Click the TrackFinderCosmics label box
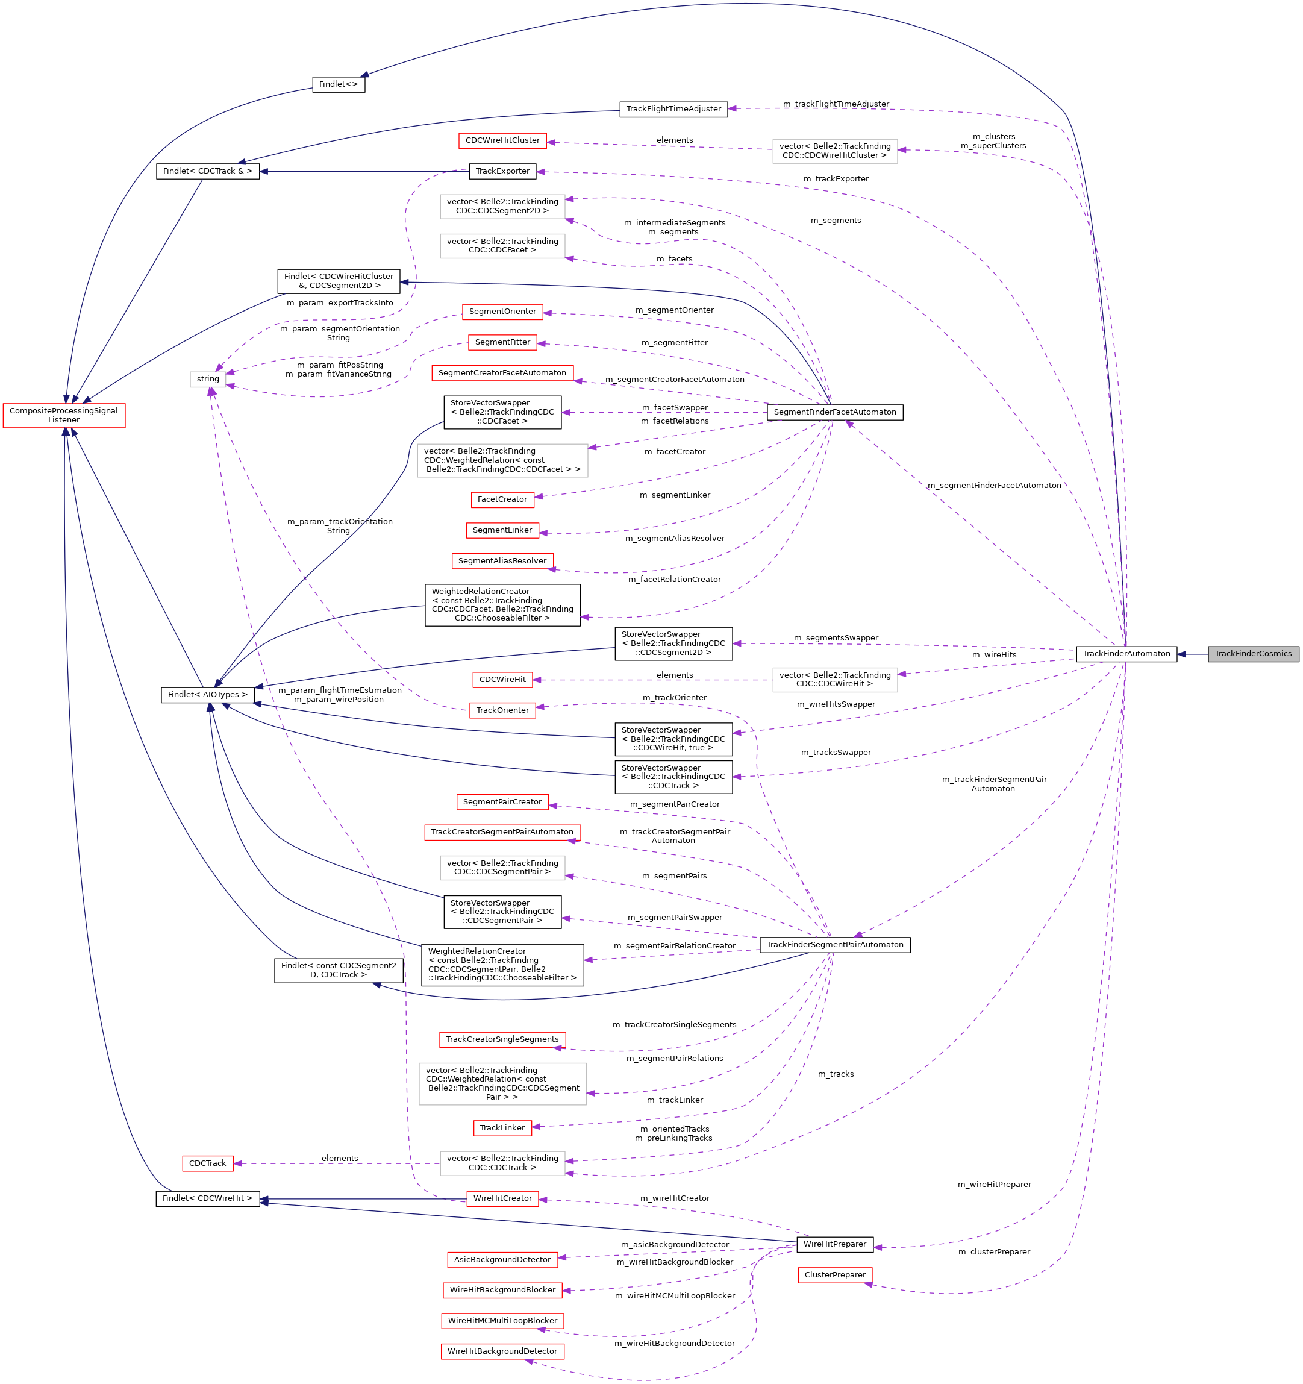pos(1253,654)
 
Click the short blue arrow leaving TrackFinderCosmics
pos(1192,654)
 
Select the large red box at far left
pos(64,416)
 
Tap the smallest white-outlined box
pos(208,380)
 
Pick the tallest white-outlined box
pos(502,1084)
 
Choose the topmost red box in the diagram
pos(502,140)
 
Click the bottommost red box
pos(502,1351)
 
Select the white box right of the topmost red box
pos(834,151)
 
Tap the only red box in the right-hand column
pos(834,1275)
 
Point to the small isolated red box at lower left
pos(207,1163)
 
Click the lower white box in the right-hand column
pos(834,680)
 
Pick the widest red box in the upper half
pos(502,373)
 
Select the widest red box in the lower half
pos(502,833)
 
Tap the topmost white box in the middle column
pos(502,207)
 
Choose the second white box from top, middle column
pos(502,246)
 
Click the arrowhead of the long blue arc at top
pos(364,75)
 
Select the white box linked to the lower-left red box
pos(502,1163)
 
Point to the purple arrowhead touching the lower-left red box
pos(237,1163)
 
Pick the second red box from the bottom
pos(502,1321)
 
